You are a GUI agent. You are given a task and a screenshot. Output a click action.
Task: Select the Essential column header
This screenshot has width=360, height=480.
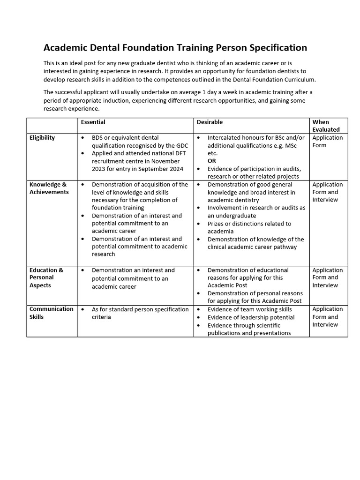click(93, 122)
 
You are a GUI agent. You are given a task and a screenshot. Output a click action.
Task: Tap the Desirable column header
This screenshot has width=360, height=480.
click(210, 122)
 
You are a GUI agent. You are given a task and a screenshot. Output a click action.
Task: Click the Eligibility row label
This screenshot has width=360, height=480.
click(42, 138)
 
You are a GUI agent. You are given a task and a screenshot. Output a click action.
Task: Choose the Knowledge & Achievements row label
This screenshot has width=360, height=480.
click(49, 188)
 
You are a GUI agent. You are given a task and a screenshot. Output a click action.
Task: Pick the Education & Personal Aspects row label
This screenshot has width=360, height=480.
click(46, 277)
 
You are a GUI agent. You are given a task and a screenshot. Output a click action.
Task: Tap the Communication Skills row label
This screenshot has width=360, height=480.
click(51, 313)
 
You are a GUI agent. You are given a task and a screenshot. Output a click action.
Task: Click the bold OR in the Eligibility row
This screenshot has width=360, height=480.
click(212, 161)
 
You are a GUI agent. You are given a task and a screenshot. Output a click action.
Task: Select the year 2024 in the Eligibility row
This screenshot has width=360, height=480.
click(175, 169)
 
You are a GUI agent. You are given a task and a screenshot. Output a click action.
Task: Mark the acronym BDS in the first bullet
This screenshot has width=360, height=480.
click(98, 138)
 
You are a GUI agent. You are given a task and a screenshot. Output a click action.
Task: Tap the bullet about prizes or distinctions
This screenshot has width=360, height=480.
click(249, 227)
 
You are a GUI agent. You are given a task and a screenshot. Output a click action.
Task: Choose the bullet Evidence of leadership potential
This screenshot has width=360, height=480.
click(251, 317)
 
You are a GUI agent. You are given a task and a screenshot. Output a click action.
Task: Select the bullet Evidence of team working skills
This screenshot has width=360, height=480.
click(249, 309)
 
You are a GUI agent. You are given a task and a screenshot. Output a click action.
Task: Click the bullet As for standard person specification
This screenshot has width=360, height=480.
click(140, 313)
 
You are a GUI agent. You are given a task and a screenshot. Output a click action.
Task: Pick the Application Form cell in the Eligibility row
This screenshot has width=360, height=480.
click(327, 142)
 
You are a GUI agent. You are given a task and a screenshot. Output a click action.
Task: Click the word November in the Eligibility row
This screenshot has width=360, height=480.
click(166, 161)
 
